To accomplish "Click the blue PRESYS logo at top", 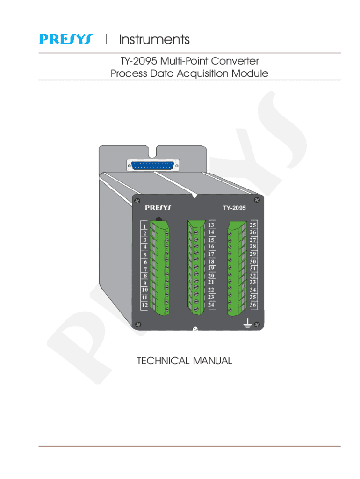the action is (x=65, y=39).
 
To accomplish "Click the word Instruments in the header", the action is (x=154, y=40).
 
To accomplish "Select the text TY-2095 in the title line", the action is (x=139, y=61).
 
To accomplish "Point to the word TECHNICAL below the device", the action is (x=163, y=361).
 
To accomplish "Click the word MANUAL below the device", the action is (x=213, y=361).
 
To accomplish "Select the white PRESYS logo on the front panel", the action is (x=158, y=208).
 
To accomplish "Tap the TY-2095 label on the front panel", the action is (x=234, y=208).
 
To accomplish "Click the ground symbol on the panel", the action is (x=247, y=323).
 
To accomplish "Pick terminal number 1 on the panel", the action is (x=144, y=227).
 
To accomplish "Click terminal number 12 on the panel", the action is (x=144, y=305).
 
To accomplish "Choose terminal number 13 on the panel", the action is (x=211, y=225).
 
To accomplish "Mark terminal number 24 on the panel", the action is (x=211, y=305).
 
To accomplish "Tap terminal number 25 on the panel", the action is (x=253, y=225).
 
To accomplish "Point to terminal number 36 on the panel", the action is (x=253, y=305).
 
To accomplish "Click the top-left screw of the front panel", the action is (x=137, y=201).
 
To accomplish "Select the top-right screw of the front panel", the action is (x=257, y=200).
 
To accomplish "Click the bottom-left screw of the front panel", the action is (x=138, y=325).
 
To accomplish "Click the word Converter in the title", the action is (x=235, y=61).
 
